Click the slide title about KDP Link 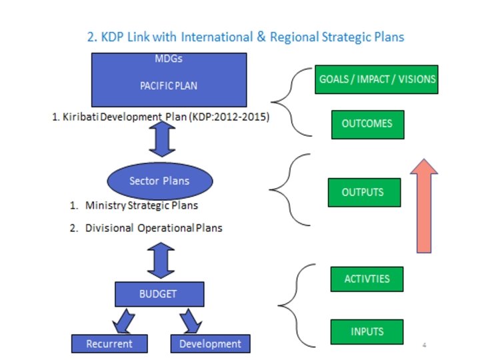(246, 37)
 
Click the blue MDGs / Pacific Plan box (169, 79)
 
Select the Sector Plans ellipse (159, 181)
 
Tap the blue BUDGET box (159, 293)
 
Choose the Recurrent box (109, 344)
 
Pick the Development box (210, 344)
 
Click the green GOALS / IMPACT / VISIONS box (376, 79)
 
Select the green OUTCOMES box (367, 124)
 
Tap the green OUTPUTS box (363, 193)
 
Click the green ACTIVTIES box (367, 279)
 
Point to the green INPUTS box (367, 332)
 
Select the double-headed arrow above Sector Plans (162, 139)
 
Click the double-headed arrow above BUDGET (161, 260)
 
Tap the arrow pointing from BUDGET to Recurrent (123, 321)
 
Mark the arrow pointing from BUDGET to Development (189, 321)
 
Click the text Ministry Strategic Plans (141, 205)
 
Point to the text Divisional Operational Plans (153, 228)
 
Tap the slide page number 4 (424, 345)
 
